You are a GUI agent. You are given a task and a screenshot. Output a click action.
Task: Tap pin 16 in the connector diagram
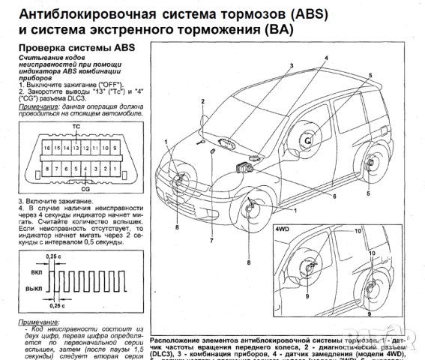point(46,149)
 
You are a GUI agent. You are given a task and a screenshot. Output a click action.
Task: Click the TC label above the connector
point(76,127)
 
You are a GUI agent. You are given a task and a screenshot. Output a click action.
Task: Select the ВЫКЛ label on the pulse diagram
point(33,287)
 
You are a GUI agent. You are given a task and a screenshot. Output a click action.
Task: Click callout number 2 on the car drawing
point(202,100)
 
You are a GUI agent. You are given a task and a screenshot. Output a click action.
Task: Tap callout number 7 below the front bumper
point(211,241)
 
